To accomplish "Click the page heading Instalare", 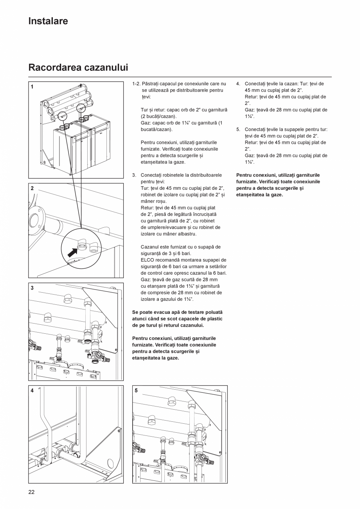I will [48, 21].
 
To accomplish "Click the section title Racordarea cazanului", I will [78, 67].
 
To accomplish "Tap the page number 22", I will [31, 492].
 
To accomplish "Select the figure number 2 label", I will [32, 188].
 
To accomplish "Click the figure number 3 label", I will [32, 288].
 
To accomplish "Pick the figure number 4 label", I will [32, 390].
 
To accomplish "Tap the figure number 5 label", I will [136, 390].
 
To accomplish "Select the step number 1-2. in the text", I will [137, 84].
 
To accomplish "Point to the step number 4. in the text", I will [238, 84].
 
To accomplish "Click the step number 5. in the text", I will [238, 129].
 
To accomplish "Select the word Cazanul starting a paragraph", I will [150, 247].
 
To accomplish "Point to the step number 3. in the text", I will [134, 175].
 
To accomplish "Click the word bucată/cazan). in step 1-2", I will [156, 129].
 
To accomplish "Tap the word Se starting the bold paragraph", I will [136, 312].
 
